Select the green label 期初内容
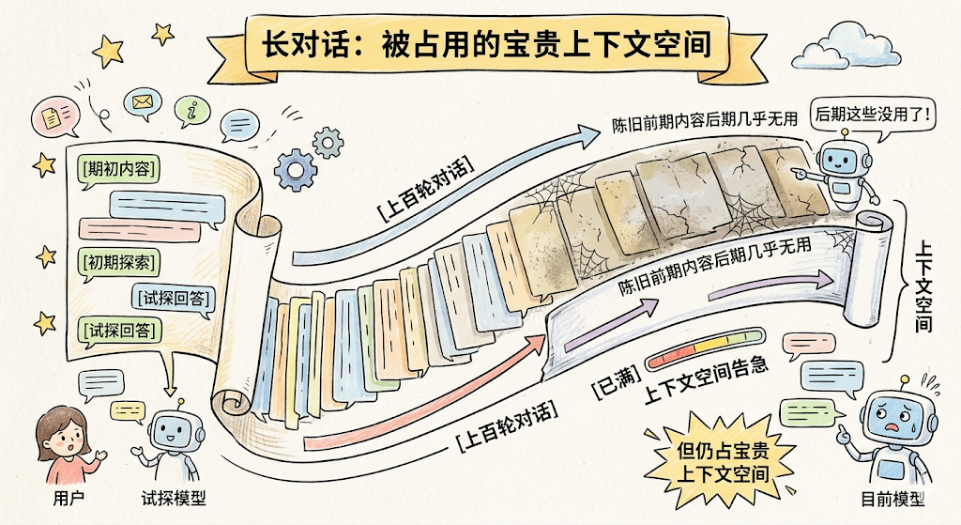118,169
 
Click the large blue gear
297,169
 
